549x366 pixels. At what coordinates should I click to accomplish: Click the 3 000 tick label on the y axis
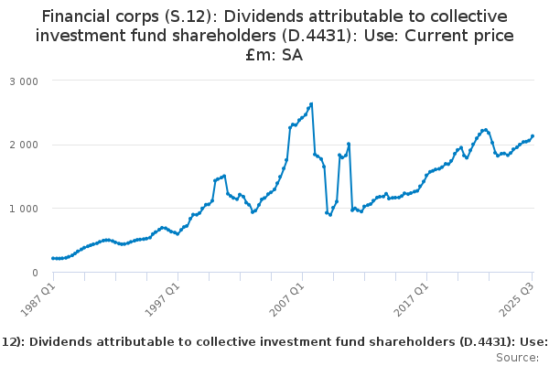pos(23,81)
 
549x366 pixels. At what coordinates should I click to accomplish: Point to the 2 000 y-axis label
pos(23,145)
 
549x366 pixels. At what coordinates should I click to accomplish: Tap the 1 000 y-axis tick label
pos(23,209)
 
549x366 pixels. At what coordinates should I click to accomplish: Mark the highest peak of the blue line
pos(312,103)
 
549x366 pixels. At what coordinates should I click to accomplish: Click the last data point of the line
pos(533,136)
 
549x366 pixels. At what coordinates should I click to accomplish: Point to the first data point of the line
pos(53,258)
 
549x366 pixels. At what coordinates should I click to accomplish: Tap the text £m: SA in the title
pos(274,56)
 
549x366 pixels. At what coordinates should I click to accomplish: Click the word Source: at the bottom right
pos(518,358)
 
